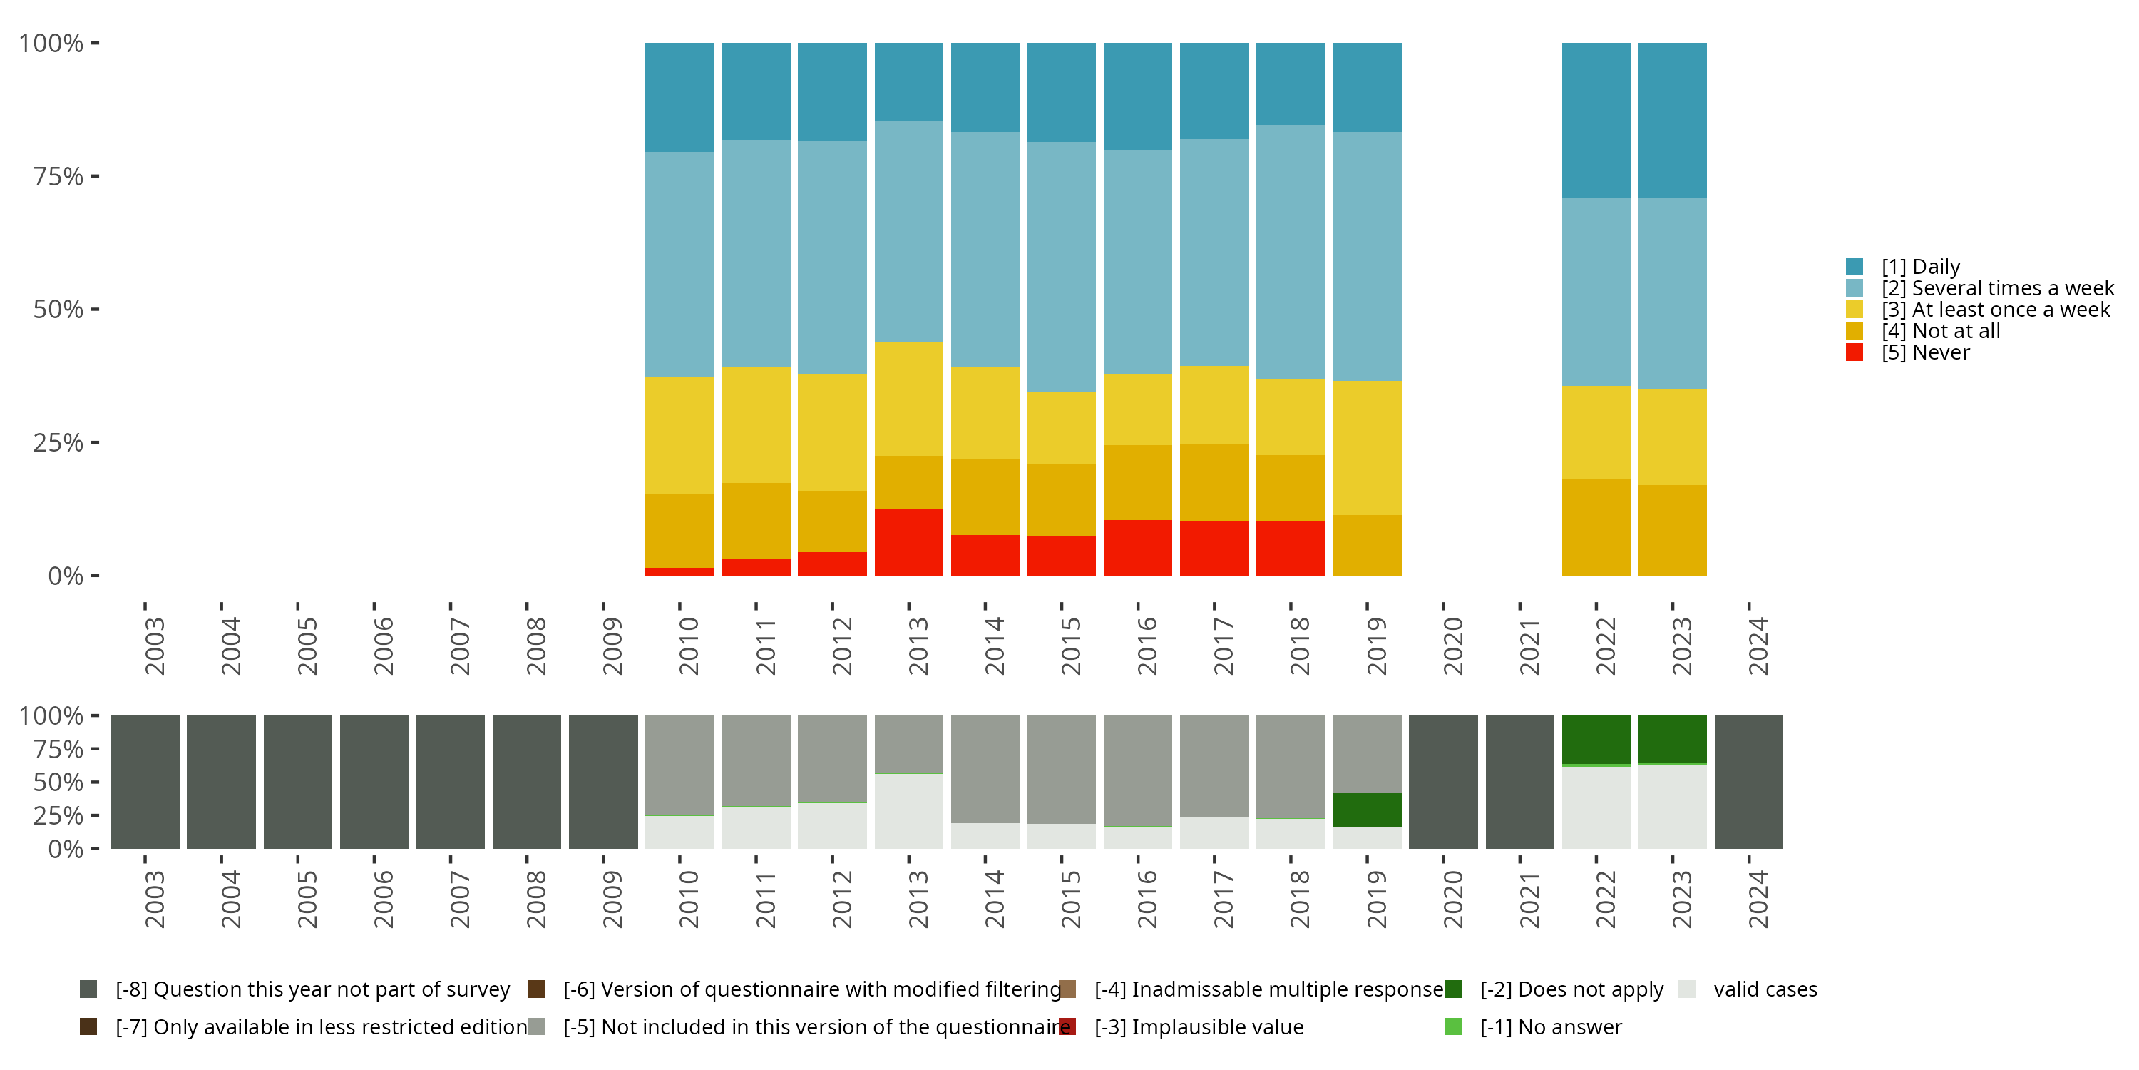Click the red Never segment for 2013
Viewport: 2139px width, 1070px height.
coord(908,541)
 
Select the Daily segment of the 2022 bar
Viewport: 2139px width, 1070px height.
coord(1595,120)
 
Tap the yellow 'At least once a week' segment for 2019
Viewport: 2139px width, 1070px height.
coord(1366,448)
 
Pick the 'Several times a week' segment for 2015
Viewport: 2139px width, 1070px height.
coord(1060,267)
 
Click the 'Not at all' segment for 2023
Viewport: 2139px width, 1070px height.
coord(1671,530)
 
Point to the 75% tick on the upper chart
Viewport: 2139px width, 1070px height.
coord(95,176)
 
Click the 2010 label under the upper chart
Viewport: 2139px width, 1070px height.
coord(688,646)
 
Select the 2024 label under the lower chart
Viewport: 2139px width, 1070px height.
coord(1758,899)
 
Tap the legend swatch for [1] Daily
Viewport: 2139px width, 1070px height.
coord(1855,267)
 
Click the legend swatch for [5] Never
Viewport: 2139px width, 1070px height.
coord(1855,352)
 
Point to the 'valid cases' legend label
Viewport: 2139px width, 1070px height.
coord(1765,989)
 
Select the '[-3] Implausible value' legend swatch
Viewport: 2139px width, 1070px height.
coord(1068,1026)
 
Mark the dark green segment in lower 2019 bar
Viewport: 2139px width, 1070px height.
coord(1366,809)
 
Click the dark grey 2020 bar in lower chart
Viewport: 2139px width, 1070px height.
coord(1442,782)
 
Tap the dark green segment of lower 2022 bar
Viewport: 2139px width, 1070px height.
coord(1595,739)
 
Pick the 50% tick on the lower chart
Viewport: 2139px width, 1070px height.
coord(95,783)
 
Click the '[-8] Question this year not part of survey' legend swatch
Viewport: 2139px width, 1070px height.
coord(88,989)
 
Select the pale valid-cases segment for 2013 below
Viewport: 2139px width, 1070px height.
coord(908,812)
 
